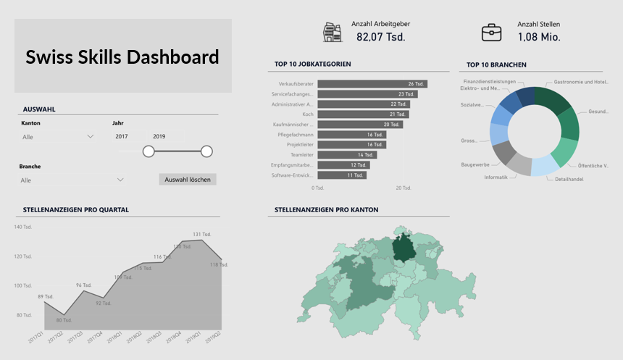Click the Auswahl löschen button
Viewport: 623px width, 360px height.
188,179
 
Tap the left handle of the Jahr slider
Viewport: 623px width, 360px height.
149,151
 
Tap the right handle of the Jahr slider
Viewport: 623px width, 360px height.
206,151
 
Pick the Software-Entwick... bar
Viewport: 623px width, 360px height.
342,175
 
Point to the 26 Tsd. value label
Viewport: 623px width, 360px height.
416,84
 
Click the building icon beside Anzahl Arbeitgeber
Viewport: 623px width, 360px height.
332,32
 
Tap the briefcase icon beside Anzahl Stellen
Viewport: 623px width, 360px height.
492,32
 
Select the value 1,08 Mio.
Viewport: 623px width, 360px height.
539,37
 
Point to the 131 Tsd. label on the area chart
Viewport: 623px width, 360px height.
202,234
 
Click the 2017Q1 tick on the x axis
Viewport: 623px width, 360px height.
36,337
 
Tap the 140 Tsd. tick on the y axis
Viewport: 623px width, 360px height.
23,227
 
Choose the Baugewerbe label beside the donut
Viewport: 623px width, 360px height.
474,164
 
